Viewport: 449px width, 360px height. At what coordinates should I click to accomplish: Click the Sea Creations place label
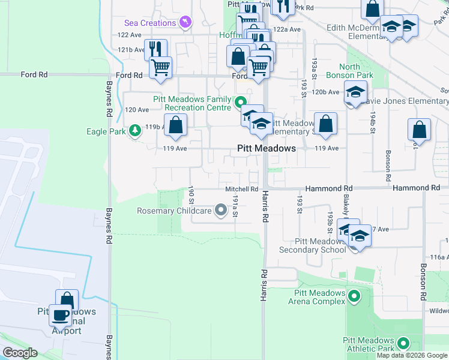tap(151, 23)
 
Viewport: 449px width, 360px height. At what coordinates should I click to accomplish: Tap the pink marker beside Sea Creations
tap(185, 23)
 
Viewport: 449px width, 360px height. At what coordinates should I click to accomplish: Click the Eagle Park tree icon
tap(135, 130)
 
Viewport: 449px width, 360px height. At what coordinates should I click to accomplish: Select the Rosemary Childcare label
tap(174, 211)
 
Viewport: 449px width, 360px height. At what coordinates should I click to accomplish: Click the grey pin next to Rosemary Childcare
tap(221, 210)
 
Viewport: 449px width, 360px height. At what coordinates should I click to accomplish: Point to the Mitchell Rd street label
tap(241, 188)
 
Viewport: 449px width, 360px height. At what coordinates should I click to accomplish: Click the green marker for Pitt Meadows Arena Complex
tap(354, 296)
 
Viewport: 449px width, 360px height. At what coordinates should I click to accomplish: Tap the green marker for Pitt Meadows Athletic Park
tap(403, 344)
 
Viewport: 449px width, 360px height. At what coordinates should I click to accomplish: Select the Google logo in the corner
tap(20, 353)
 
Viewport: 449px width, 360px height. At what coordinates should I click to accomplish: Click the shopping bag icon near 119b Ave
tap(175, 125)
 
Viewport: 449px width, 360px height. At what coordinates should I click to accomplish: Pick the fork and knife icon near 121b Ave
tap(155, 49)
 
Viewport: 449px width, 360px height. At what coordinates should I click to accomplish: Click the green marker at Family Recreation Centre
tap(241, 102)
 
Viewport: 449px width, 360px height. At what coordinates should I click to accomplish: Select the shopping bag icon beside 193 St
tap(325, 124)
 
